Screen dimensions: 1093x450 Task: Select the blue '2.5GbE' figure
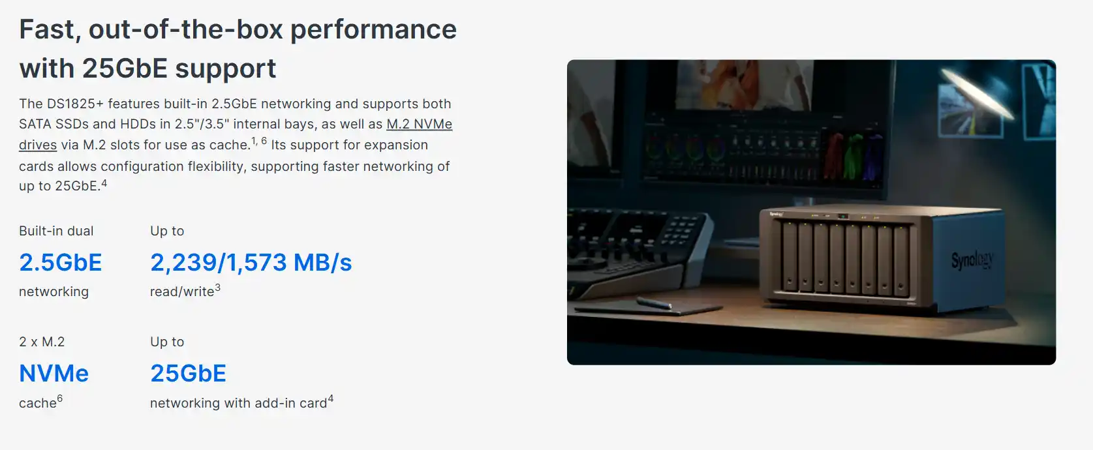[61, 262]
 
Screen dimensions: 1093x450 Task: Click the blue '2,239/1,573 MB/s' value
[251, 262]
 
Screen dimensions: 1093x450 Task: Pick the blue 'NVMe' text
[54, 374]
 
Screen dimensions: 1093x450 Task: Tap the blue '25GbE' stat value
[189, 374]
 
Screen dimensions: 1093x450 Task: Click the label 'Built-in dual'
[56, 231]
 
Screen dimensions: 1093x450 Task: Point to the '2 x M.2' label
[42, 342]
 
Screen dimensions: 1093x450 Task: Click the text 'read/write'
[182, 292]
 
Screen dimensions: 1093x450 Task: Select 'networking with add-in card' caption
[238, 403]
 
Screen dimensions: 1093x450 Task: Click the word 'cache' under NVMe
[38, 403]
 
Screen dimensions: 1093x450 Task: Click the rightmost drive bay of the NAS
[901, 261]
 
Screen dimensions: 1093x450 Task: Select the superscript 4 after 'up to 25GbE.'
[104, 183]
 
